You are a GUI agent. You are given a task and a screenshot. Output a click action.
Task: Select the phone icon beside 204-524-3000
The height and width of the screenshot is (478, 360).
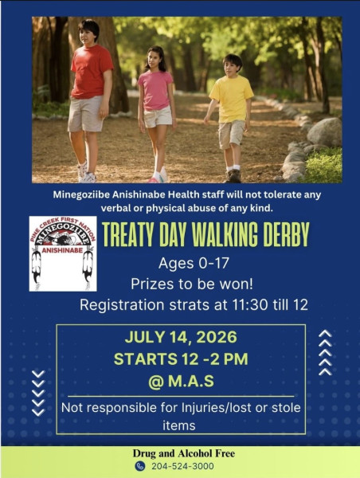click(x=140, y=466)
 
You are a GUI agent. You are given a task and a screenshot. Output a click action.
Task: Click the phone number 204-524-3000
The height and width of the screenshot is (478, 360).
click(x=182, y=466)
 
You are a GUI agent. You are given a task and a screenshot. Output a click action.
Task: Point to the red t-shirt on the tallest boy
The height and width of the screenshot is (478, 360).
click(x=92, y=72)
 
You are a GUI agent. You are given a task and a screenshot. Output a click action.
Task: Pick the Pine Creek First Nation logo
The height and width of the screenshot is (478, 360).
click(x=63, y=253)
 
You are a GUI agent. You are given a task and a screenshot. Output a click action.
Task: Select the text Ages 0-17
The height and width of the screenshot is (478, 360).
click(x=194, y=263)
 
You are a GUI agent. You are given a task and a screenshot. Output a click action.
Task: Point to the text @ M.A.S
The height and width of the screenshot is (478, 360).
click(x=181, y=382)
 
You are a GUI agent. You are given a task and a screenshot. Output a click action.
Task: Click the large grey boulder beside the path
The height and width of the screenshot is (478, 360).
click(x=324, y=131)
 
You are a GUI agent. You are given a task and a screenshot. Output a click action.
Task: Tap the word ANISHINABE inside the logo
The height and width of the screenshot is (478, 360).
click(x=62, y=250)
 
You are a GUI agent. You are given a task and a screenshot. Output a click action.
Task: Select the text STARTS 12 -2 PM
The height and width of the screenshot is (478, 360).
click(x=181, y=358)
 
